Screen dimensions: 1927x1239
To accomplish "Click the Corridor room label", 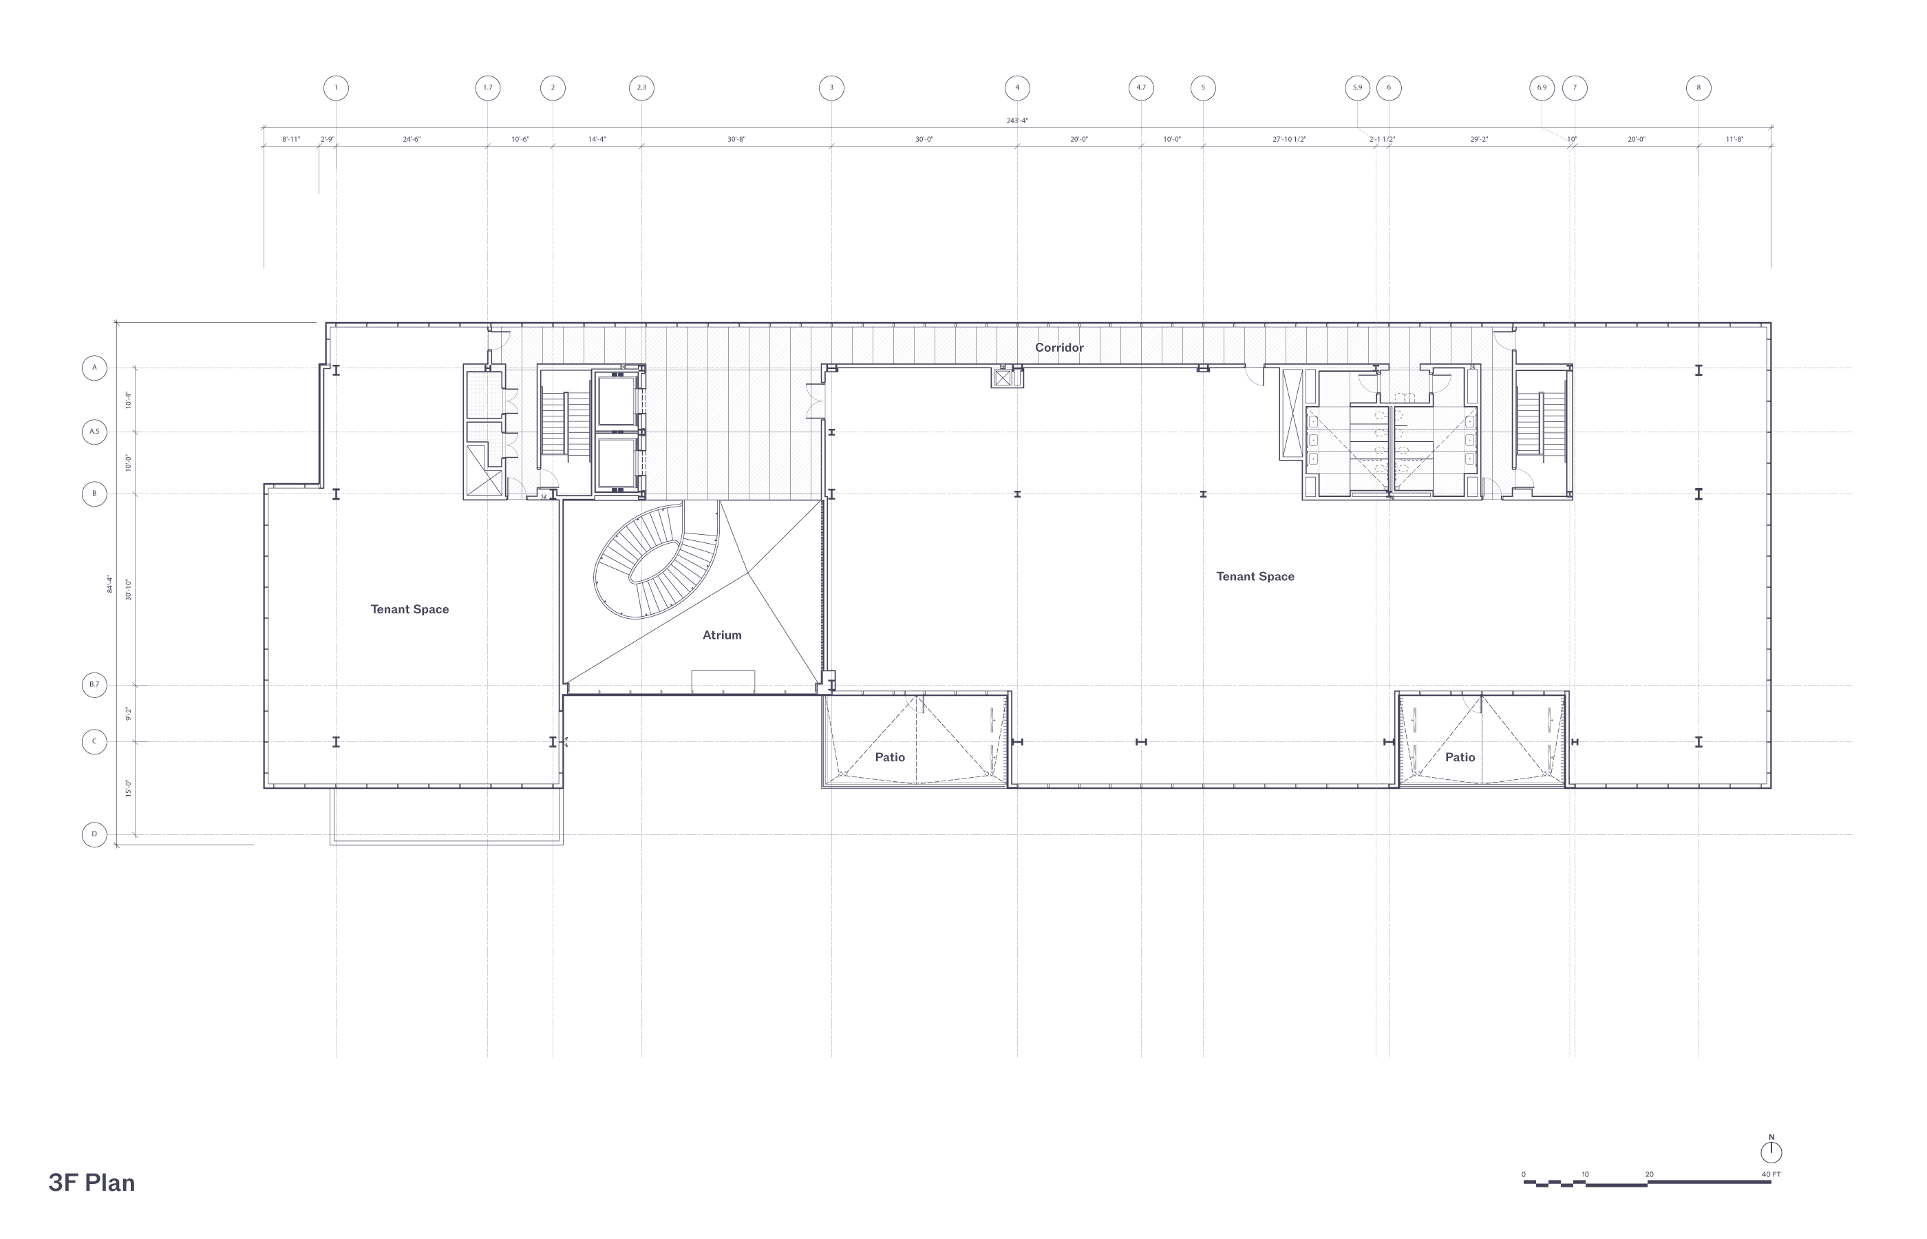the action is point(1058,348).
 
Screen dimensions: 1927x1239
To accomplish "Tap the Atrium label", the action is point(721,635).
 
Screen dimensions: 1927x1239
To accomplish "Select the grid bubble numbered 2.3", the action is point(641,87).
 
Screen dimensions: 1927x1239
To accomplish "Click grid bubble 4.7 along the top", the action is point(1140,87).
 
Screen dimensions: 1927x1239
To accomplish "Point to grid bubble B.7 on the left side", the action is point(94,685).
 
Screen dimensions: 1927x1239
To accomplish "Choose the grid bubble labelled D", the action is point(94,834).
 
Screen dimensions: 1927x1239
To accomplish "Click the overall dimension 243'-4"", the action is point(1016,120).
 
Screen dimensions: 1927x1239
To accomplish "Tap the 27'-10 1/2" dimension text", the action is point(1288,139).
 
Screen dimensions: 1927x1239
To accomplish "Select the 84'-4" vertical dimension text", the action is point(110,584).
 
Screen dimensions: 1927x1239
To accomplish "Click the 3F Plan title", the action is point(92,1182).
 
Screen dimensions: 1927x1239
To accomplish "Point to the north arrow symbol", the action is point(1771,1150).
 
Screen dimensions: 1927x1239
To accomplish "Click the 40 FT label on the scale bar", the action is point(1771,1174).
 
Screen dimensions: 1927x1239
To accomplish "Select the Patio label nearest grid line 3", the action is point(889,757).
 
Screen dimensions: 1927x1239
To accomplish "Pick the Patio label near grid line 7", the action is point(1460,757).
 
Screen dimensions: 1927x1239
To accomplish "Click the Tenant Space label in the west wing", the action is point(409,609).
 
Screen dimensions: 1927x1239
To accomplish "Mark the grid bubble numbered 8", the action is point(1698,87).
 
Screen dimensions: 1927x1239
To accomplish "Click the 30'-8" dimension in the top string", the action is point(736,139).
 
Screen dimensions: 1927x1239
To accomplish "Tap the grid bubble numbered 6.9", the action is point(1541,87).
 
